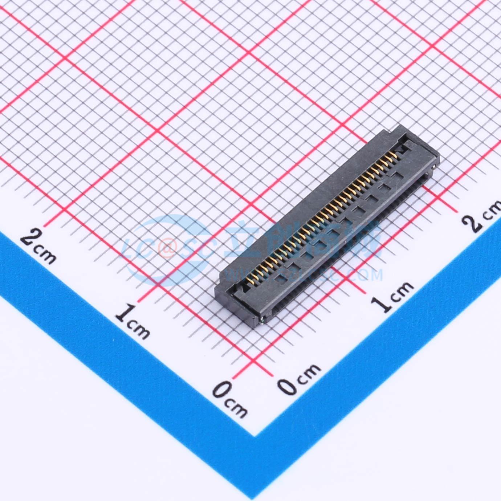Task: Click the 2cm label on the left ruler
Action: coord(38,247)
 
